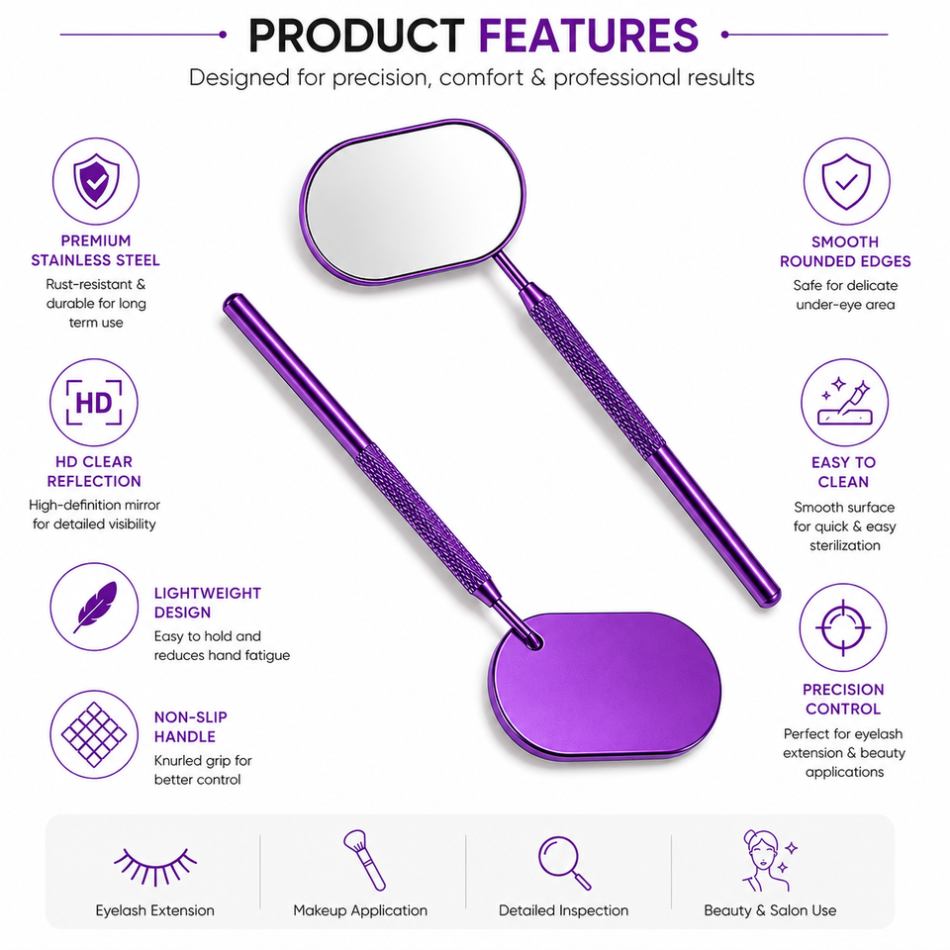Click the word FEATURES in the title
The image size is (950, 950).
point(588,36)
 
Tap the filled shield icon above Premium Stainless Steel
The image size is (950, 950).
point(96,180)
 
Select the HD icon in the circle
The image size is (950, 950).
point(94,403)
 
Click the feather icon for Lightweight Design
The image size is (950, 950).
point(95,607)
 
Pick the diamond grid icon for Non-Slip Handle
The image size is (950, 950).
point(94,734)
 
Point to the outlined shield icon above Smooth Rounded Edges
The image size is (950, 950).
point(846,181)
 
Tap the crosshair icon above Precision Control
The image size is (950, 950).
point(843,627)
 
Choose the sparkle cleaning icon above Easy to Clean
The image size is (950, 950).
point(844,403)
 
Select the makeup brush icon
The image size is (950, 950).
point(364,860)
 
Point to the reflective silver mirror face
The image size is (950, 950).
point(414,202)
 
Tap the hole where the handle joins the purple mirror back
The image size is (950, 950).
point(533,641)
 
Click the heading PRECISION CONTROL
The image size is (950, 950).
point(843,700)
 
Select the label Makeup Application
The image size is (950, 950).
point(360,910)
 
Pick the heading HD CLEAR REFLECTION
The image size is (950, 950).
point(94,471)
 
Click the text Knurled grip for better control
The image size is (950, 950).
point(203,770)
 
